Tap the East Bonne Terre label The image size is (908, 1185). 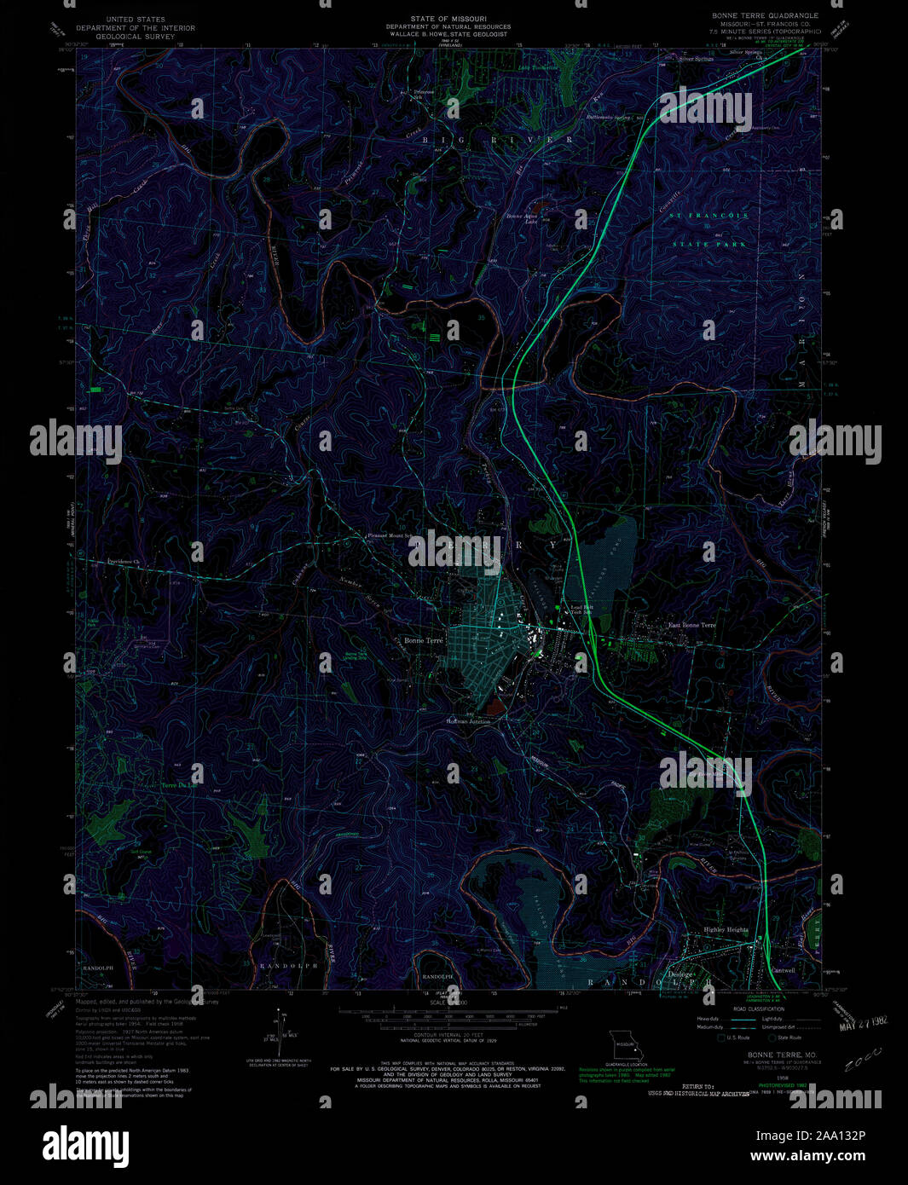point(691,625)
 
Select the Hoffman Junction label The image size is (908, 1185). point(468,721)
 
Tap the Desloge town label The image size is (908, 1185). point(680,974)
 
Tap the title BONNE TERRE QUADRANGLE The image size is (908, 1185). point(765,15)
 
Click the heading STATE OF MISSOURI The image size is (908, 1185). point(448,17)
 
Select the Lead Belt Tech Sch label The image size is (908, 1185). point(581,610)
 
